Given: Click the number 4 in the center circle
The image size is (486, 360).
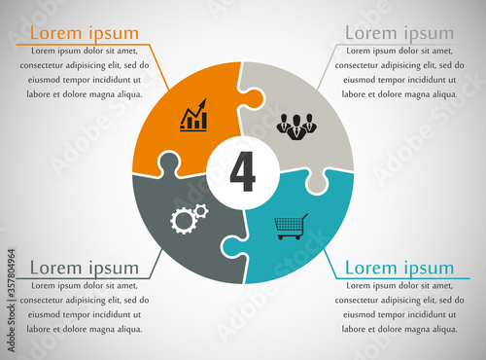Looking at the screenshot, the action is [243, 172].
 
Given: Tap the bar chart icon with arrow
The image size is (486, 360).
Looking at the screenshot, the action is [194, 115].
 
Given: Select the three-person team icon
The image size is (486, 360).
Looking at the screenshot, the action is [296, 125].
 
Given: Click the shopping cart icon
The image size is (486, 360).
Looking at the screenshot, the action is [292, 227].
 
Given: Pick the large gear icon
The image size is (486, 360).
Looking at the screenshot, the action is [183, 220].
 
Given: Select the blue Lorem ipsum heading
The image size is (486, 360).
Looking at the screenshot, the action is [399, 268].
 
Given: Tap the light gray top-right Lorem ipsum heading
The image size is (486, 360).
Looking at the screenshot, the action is [399, 33].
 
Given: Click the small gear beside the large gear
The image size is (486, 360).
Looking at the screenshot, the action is [200, 210].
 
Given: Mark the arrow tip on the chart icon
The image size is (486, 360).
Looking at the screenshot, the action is [206, 99].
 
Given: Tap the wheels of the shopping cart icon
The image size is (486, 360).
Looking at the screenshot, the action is [291, 237].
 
